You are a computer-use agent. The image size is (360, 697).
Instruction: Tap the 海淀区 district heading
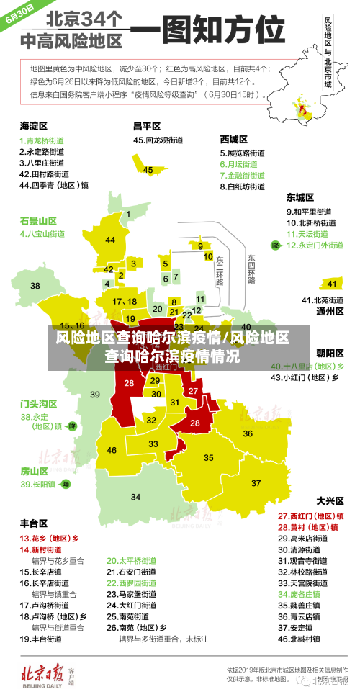(x=33, y=126)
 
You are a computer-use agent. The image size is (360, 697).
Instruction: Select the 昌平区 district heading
(x=147, y=126)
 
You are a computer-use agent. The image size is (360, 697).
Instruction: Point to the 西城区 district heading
(x=234, y=139)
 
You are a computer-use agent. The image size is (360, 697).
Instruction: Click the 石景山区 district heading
(x=37, y=220)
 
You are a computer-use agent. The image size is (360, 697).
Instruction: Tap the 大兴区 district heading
(x=330, y=500)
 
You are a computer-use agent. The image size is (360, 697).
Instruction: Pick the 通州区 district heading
(x=330, y=312)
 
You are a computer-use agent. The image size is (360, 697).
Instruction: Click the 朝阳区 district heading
(x=330, y=353)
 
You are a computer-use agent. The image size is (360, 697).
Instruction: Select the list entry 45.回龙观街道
(x=159, y=140)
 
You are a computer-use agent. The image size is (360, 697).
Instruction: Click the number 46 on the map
(x=111, y=450)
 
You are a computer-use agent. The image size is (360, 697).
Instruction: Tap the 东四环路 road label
(x=251, y=268)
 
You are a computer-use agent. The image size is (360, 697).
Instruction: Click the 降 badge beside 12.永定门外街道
(x=274, y=246)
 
